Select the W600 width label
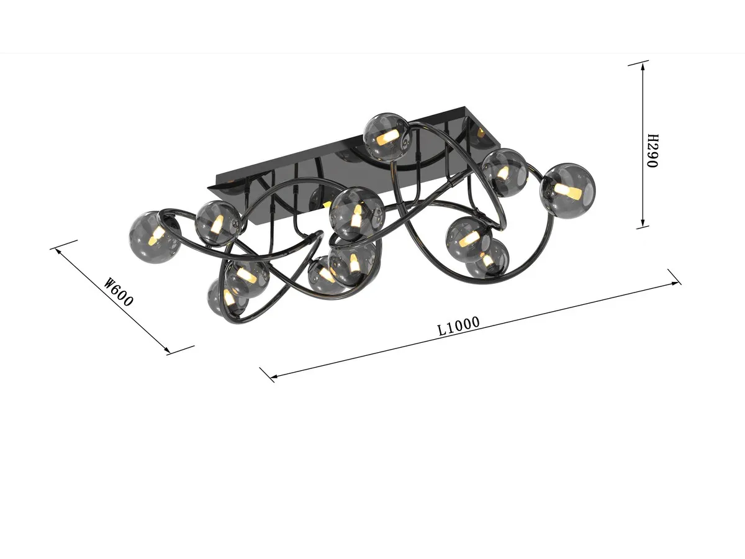click(x=119, y=292)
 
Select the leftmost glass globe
click(x=154, y=237)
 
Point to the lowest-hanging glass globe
click(x=226, y=297)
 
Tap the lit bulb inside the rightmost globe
click(x=569, y=191)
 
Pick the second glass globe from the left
click(x=217, y=222)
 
